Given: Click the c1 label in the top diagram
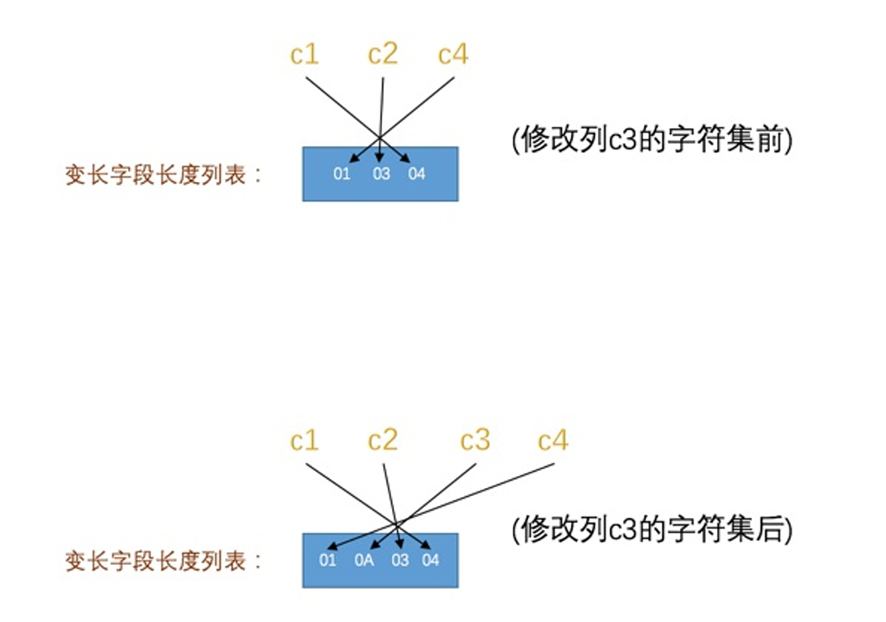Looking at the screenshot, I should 304,55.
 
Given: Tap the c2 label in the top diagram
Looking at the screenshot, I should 383,55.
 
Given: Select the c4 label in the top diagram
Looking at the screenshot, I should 453,55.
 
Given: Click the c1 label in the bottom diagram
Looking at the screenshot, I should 304,441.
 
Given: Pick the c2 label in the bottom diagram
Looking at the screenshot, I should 383,441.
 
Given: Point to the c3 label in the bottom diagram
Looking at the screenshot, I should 475,441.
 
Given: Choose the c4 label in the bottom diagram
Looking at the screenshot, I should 553,441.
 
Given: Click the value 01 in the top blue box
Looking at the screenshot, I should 342,174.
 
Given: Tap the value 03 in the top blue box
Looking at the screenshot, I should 381,174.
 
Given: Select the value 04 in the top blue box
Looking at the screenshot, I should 417,174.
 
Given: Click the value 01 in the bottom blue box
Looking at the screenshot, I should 328,560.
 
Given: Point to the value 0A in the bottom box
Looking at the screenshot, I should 364,560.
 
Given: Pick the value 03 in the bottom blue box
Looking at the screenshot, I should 400,560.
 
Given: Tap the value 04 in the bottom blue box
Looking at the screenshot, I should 431,560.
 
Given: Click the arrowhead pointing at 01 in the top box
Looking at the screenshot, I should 353,160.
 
